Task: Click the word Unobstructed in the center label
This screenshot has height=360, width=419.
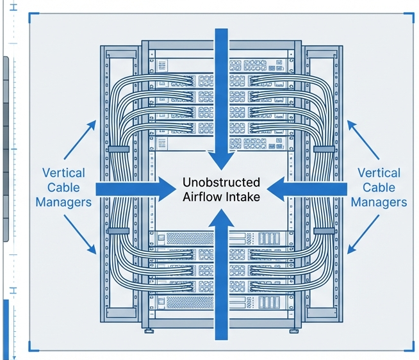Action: coord(221,182)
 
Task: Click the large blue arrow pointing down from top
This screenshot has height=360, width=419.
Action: coord(220,96)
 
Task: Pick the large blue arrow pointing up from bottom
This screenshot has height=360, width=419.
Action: coord(220,282)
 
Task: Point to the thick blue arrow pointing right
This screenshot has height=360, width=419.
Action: coord(135,188)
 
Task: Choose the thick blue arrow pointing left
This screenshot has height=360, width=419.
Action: coord(308,188)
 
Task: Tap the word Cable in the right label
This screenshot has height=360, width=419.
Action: coord(379,187)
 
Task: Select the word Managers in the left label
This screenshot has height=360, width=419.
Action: coord(63,202)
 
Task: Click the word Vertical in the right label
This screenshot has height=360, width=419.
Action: coord(379,173)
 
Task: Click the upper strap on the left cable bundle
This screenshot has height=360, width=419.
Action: coord(118,148)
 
